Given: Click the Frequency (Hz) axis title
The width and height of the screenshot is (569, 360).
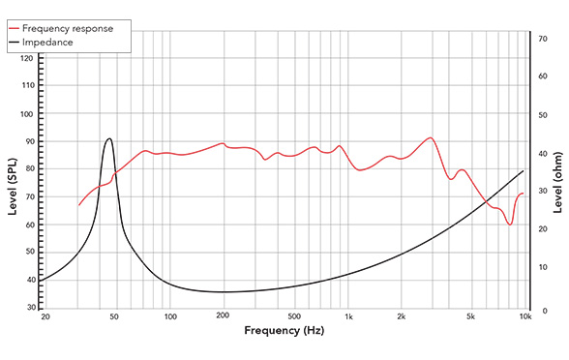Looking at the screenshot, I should (x=284, y=331).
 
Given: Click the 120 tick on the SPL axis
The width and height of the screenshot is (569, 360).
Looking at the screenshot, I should (x=27, y=59).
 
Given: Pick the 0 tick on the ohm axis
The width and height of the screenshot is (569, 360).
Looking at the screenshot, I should (x=542, y=309).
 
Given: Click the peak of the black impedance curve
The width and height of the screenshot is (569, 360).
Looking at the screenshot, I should (x=108, y=138).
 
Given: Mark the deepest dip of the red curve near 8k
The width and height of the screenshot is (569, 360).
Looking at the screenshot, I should (x=509, y=225).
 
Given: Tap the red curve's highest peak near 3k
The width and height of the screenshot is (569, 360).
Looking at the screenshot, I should (x=431, y=137).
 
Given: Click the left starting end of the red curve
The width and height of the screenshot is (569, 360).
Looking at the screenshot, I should (x=79, y=205).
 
